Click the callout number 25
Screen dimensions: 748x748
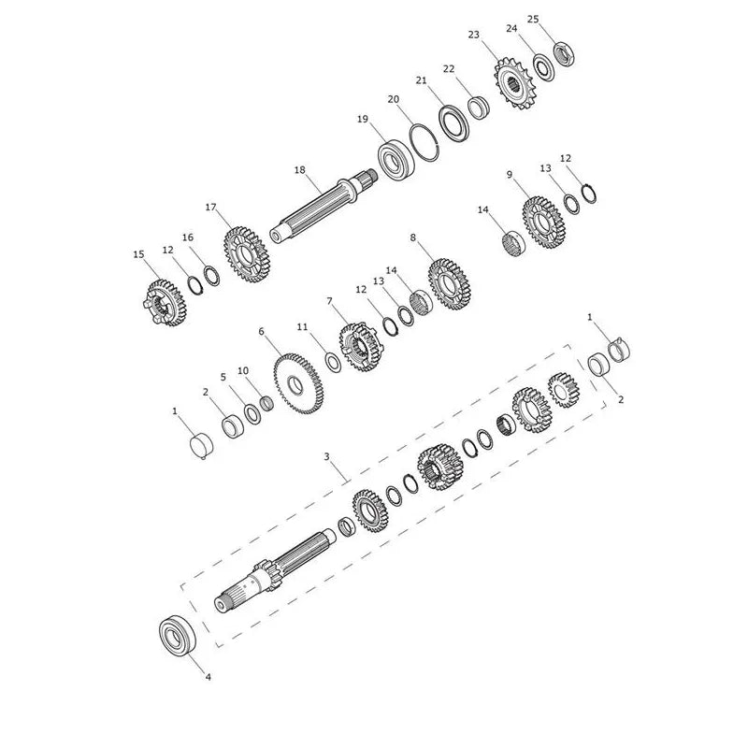pos(533,19)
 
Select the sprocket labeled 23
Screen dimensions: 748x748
pos(514,83)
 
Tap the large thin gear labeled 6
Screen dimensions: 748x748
pos(298,383)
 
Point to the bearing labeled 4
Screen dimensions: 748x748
pos(178,635)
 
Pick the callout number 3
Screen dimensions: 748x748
pos(326,456)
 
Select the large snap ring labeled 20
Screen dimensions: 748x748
pos(424,143)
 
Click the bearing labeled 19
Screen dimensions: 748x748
pos(396,159)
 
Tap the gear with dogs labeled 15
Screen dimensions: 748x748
pos(165,302)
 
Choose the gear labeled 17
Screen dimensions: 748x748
pos(247,255)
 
